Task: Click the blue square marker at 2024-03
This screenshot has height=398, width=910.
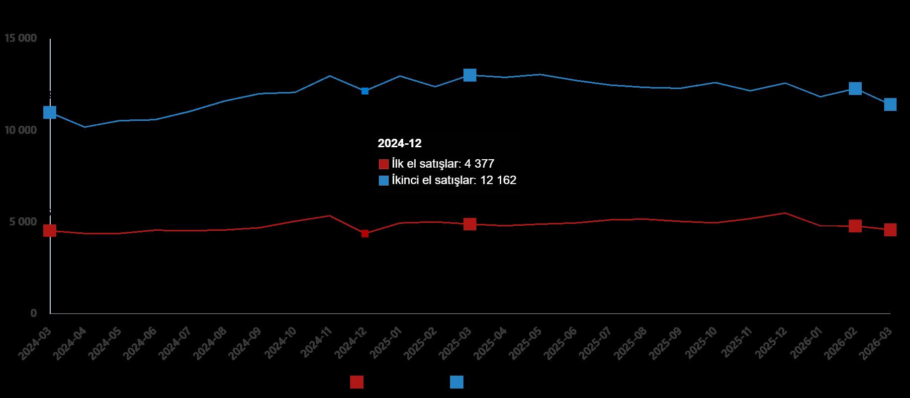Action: coord(50,112)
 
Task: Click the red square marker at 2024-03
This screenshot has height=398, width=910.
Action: coord(50,231)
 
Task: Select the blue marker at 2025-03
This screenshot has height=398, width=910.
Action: coord(470,75)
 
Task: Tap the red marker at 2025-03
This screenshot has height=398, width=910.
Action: coord(470,224)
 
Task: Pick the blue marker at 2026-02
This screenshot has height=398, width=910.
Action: coord(855,89)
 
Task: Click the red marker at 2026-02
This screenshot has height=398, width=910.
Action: coord(855,226)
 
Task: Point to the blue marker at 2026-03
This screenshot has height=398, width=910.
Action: coord(890,104)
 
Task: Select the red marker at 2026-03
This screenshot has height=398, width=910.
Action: coord(890,230)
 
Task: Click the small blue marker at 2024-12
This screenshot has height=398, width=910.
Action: coord(365,91)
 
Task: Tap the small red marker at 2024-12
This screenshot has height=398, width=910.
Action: coord(365,233)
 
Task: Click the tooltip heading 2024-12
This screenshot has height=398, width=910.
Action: coord(399,144)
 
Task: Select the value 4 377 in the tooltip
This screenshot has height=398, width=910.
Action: coord(479,164)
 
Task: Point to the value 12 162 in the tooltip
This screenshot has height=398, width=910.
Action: coord(498,180)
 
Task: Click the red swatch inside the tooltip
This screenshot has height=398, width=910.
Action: coord(383,164)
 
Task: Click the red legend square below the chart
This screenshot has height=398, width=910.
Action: coord(357,382)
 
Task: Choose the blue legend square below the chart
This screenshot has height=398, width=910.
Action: coord(456,382)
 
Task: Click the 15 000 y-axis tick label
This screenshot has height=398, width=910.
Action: coord(20,38)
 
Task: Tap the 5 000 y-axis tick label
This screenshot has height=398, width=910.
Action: coord(23,221)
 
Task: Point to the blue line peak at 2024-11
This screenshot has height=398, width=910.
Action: coord(330,76)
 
